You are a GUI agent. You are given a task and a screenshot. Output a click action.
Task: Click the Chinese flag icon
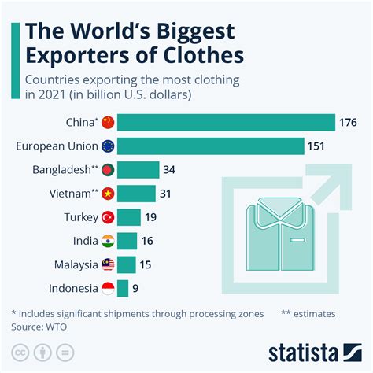click(x=109, y=122)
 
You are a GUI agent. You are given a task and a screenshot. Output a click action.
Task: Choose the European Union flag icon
click(x=109, y=146)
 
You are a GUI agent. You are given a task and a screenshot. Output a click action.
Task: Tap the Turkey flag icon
click(x=109, y=217)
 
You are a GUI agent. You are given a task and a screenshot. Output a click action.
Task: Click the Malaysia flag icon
click(x=109, y=265)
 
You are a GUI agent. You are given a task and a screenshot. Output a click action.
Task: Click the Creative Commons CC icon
click(x=20, y=351)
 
